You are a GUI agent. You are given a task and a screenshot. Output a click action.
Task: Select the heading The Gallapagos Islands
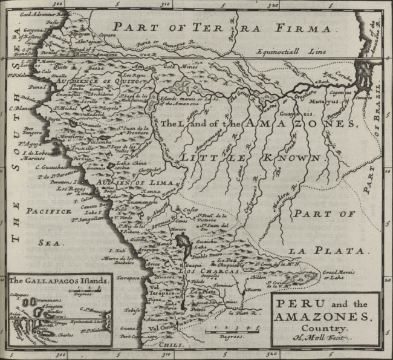pos(59,281)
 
